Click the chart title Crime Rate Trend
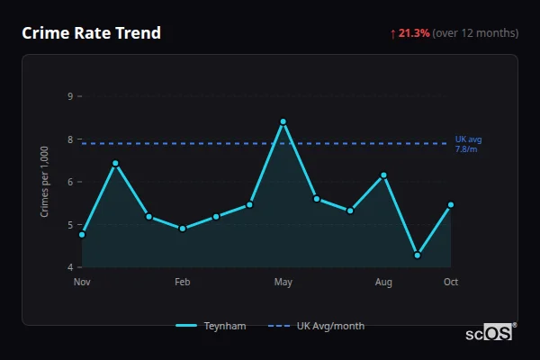point(91,33)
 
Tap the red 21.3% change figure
point(414,33)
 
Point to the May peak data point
point(283,121)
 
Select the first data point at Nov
point(82,235)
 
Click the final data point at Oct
point(451,204)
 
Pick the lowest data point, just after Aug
point(418,256)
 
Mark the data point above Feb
point(183,229)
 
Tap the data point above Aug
point(384,175)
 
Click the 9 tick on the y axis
point(70,96)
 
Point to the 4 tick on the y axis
point(70,267)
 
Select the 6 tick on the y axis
point(70,182)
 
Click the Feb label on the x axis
point(183,282)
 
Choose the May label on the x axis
point(283,282)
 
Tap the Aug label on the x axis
point(384,282)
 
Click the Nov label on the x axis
point(82,282)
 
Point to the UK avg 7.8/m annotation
point(468,144)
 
